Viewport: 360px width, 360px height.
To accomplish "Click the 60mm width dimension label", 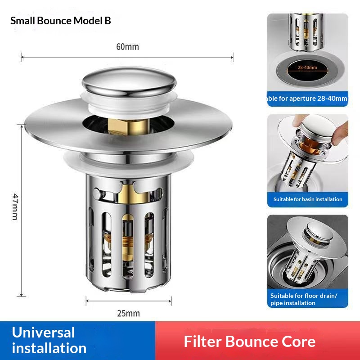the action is (x=127, y=47).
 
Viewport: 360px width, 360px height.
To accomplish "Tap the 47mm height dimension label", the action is (x=15, y=207).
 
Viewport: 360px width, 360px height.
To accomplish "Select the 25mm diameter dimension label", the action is (x=128, y=313).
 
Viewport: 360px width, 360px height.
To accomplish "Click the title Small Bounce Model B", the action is (x=61, y=21).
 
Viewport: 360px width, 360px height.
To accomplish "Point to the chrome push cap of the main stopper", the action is (x=129, y=81).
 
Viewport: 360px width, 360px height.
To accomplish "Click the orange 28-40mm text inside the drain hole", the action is (x=307, y=67).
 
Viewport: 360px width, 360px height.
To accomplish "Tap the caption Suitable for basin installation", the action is (x=308, y=199).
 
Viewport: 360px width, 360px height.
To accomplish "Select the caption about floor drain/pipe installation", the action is (x=303, y=299).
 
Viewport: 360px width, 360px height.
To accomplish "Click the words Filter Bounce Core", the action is (x=250, y=342).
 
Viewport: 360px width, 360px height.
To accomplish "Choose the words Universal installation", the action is (x=49, y=340).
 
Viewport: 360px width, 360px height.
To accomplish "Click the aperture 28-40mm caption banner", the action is (x=308, y=99).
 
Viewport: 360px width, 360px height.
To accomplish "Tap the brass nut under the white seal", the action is (x=129, y=127).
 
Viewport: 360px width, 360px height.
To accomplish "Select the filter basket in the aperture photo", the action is (x=307, y=31).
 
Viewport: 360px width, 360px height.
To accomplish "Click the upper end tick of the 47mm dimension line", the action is (x=22, y=126).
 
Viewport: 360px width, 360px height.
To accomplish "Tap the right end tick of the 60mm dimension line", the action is (x=234, y=57).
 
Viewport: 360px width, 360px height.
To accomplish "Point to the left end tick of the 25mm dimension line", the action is (x=86, y=301).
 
